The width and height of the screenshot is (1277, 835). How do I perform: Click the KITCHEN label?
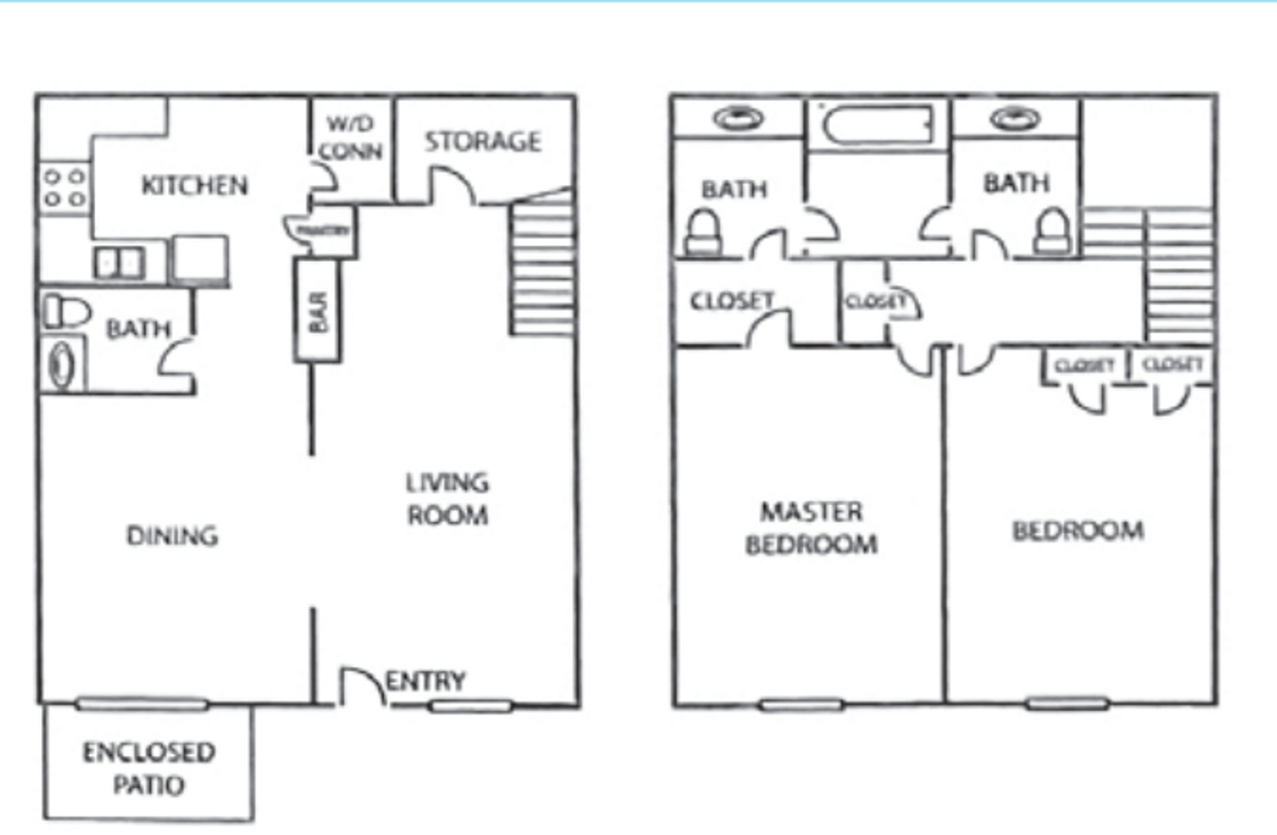(x=194, y=185)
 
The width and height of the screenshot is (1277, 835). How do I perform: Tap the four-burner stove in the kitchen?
(x=65, y=188)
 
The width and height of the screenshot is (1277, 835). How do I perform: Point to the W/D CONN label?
(x=351, y=138)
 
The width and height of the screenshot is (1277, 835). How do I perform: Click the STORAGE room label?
(x=483, y=141)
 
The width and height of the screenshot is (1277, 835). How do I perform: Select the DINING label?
(x=172, y=536)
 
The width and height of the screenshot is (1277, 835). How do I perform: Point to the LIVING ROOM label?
(x=448, y=498)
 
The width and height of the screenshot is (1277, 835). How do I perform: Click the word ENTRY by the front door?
(x=426, y=681)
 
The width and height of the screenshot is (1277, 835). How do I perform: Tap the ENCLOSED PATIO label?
(x=149, y=768)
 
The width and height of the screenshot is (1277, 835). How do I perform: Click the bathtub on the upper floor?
(x=877, y=124)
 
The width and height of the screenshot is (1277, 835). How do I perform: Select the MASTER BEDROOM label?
(x=811, y=528)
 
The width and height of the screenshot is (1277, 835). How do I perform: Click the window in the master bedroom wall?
(x=801, y=704)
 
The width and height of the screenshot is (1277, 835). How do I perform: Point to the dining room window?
(x=141, y=703)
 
